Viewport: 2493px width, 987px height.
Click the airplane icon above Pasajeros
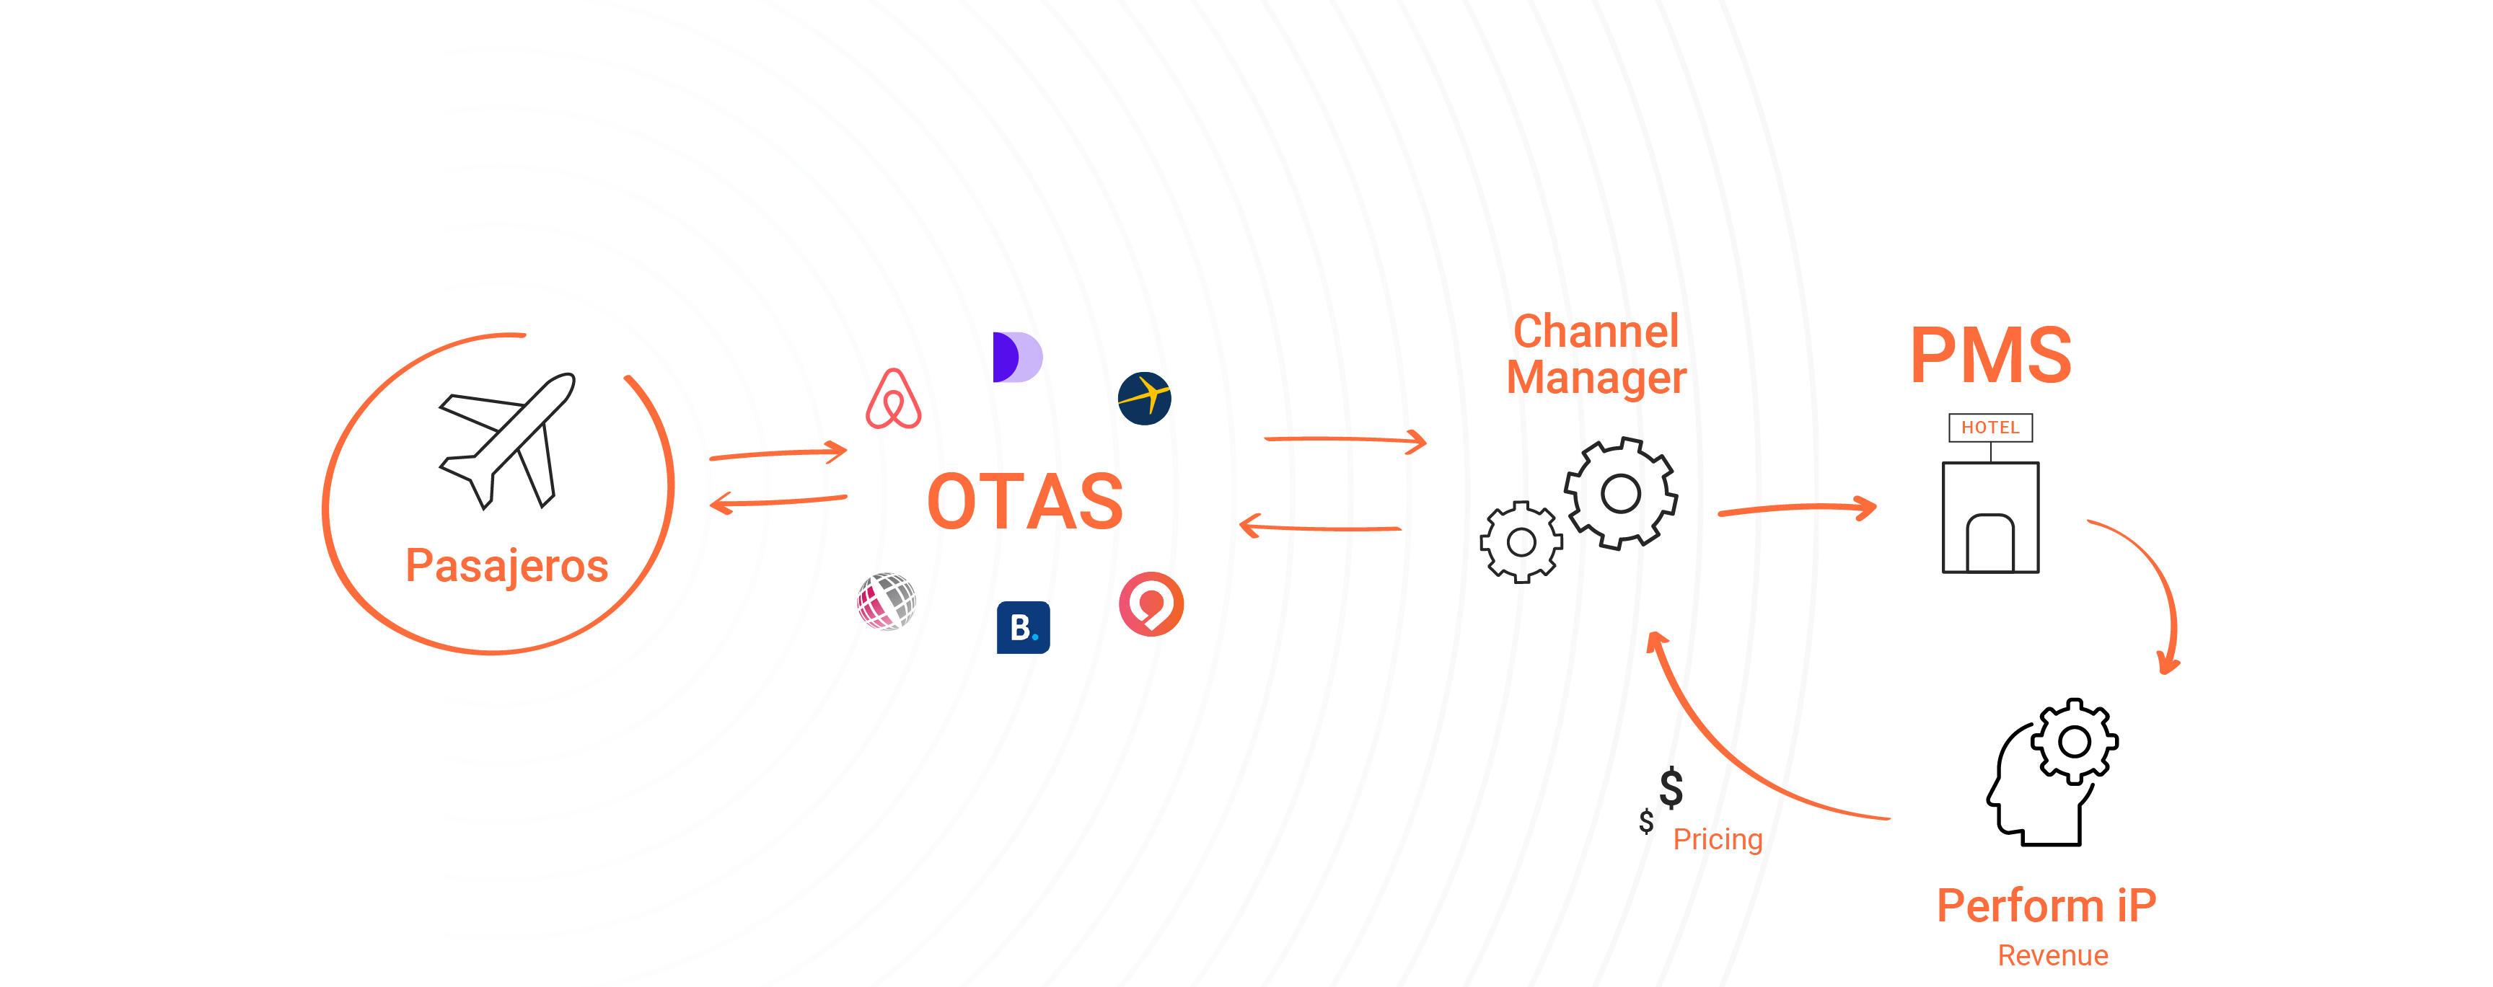coord(507,441)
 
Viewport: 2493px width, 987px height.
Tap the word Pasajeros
coord(506,566)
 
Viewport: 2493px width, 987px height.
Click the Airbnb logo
coord(893,399)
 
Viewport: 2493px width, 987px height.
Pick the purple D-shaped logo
coord(1016,357)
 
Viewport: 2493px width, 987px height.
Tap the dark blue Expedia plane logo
coord(1144,399)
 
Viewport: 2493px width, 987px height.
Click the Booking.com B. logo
coord(1023,628)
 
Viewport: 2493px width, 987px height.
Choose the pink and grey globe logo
coord(887,601)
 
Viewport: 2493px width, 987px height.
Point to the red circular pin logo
coord(1151,604)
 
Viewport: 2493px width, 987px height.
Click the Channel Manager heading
coord(1596,354)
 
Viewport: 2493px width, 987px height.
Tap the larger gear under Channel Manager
coord(1620,493)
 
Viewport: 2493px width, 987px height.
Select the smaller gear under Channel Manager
coord(1521,542)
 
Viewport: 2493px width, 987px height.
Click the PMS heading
coord(1991,356)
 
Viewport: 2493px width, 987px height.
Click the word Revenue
coord(2053,956)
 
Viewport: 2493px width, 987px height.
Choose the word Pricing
coord(1718,839)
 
